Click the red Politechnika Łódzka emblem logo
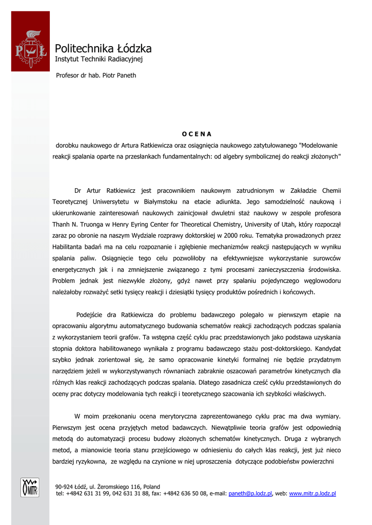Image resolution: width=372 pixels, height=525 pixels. (30, 49)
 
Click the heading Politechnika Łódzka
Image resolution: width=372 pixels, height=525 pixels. (103, 49)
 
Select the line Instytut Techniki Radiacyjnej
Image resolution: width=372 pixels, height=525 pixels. (99, 59)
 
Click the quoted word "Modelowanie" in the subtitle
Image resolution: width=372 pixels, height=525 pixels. (319, 145)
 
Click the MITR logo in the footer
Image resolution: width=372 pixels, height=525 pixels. (30, 487)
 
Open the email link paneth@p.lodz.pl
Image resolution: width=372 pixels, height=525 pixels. (250, 494)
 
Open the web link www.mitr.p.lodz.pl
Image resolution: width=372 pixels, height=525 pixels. (312, 494)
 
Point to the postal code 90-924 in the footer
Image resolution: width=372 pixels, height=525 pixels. (64, 487)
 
